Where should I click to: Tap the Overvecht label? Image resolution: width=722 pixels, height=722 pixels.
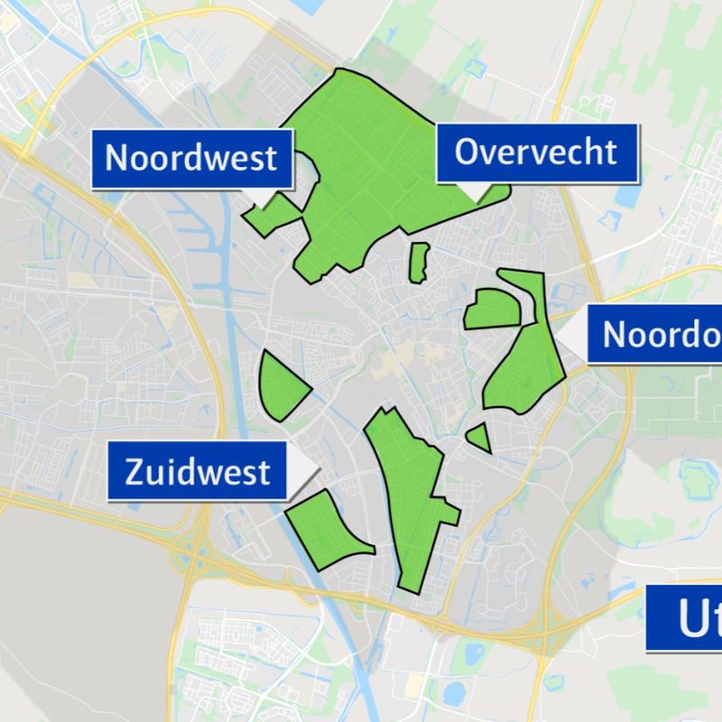536,152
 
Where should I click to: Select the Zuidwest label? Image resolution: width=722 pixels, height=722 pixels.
199,471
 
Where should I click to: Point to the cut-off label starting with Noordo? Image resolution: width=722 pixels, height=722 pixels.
654,334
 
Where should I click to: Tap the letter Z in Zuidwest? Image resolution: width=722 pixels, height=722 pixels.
134,472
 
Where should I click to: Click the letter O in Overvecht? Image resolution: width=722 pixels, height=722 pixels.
467,152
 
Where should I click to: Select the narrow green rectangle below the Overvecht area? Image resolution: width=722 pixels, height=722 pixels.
418,262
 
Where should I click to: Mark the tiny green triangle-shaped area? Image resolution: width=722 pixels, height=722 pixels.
481,438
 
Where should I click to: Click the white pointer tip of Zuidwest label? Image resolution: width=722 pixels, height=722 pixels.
311,462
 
